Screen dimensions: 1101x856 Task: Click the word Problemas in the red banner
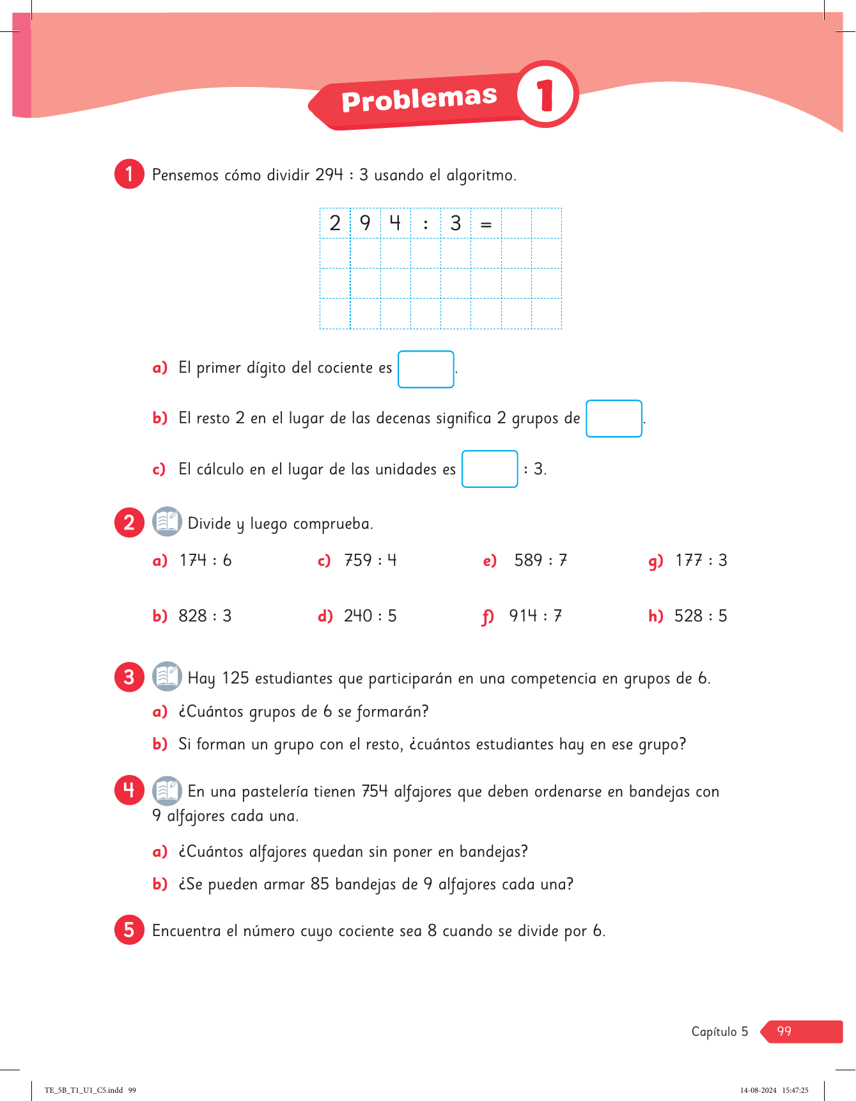click(419, 99)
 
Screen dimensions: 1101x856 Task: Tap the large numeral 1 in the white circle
click(545, 95)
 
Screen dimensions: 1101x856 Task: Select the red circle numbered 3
click(129, 676)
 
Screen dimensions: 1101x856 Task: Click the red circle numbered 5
click(129, 930)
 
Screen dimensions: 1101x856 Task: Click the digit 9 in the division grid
click(365, 223)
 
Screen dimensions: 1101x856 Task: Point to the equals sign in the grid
click(486, 224)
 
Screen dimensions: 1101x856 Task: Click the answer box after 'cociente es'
click(426, 369)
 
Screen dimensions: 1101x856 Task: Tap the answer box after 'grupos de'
click(614, 418)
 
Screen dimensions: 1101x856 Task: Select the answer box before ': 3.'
click(490, 469)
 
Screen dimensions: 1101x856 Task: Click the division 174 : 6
click(205, 561)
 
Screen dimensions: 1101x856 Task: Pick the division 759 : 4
click(370, 561)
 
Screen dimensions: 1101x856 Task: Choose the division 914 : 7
click(535, 616)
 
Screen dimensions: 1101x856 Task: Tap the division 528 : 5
click(701, 616)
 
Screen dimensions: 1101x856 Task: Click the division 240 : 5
click(370, 616)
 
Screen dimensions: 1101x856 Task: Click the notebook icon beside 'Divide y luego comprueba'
click(167, 522)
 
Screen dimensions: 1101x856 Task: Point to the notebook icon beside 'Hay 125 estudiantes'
click(167, 676)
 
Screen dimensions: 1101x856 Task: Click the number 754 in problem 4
click(375, 792)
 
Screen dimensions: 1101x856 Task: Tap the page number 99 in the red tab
click(784, 1031)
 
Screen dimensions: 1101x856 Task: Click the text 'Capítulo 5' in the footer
click(719, 1031)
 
